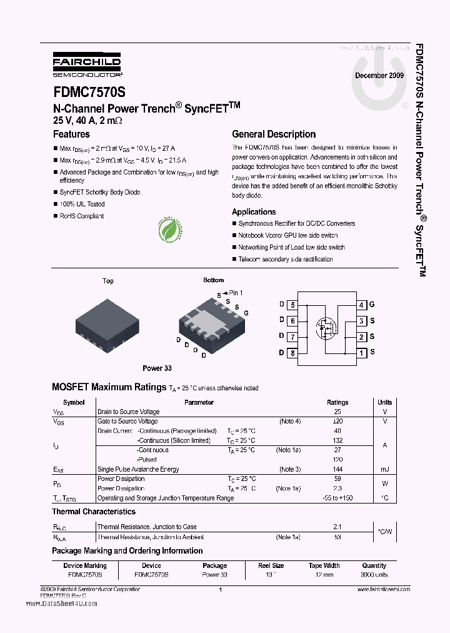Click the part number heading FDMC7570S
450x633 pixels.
click(x=89, y=92)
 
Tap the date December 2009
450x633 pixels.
click(x=379, y=75)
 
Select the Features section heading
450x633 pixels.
click(x=71, y=134)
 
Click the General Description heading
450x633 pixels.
click(x=274, y=134)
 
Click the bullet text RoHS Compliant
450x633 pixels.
click(x=81, y=216)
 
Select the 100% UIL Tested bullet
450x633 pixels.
click(x=82, y=204)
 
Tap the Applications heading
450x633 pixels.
click(x=254, y=212)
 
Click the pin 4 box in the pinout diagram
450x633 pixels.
click(x=361, y=305)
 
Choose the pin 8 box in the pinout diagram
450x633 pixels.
click(x=292, y=353)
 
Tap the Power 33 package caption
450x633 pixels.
click(x=157, y=368)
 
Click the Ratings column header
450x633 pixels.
click(x=337, y=402)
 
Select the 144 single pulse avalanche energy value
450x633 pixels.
click(x=337, y=469)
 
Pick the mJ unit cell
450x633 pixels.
click(x=384, y=469)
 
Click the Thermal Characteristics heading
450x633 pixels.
click(x=94, y=512)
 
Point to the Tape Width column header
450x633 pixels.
click(x=324, y=565)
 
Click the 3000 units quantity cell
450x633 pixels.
click(x=374, y=574)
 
